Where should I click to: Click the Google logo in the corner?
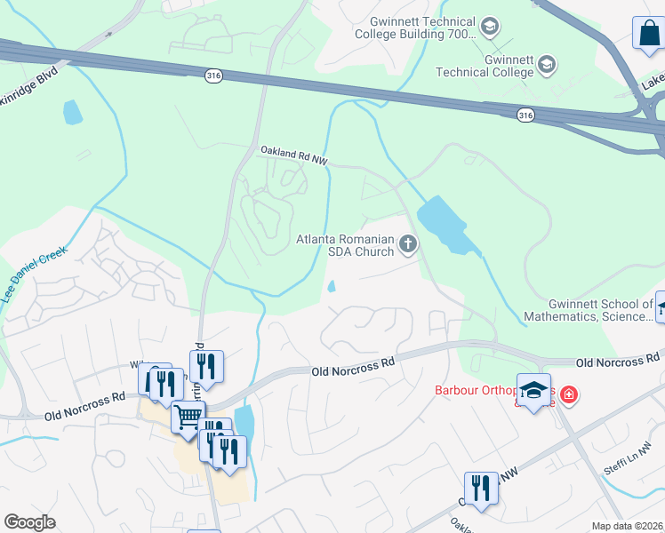point(30,522)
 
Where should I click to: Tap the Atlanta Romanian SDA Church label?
point(344,244)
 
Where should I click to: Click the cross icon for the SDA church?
point(408,243)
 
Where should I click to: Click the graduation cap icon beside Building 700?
point(490,28)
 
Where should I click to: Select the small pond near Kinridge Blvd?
point(72,112)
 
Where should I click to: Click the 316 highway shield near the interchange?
point(525,115)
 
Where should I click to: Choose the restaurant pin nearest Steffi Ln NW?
point(481,488)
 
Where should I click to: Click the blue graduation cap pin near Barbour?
point(533,392)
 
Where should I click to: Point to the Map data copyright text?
point(627,526)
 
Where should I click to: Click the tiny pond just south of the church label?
point(332,286)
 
